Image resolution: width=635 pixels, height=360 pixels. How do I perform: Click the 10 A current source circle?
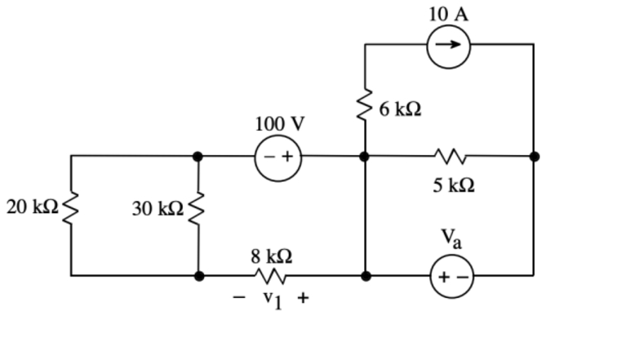[448, 44]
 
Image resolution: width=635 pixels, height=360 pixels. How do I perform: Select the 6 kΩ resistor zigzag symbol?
[365, 104]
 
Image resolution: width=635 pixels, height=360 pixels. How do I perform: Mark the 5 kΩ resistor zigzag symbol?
[450, 155]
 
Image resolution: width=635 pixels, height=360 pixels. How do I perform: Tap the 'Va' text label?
[451, 238]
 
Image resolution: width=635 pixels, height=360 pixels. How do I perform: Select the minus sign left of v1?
[239, 298]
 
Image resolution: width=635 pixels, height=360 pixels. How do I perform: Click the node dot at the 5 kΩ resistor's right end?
[534, 155]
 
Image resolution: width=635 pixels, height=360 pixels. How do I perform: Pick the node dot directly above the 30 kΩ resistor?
[198, 155]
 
